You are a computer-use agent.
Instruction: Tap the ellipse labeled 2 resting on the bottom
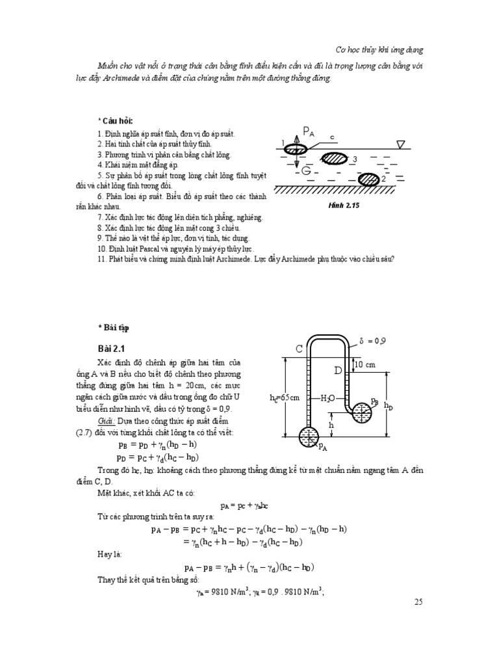point(369,178)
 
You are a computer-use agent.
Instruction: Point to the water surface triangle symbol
point(402,144)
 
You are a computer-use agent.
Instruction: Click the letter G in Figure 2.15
point(305,171)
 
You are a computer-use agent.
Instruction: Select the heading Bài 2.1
point(110,349)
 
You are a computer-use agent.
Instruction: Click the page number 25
point(418,602)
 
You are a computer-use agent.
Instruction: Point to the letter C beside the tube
point(300,349)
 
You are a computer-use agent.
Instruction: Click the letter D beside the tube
point(338,371)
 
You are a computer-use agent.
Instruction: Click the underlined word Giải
point(106,421)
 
